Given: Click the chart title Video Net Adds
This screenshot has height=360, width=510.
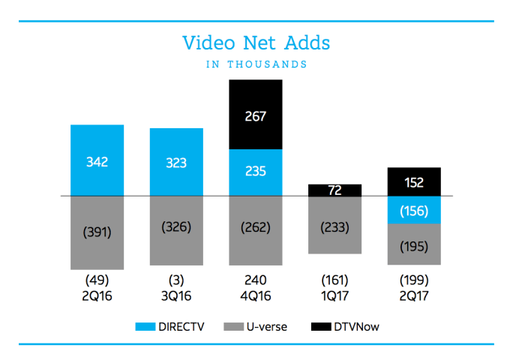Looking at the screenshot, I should click(256, 43).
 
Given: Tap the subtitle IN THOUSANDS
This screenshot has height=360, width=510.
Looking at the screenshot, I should click(256, 64).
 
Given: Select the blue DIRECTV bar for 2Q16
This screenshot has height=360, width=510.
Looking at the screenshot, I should click(97, 160).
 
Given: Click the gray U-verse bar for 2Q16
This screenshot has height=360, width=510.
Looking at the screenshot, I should click(97, 232).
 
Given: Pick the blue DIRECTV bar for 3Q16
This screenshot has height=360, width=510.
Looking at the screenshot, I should click(176, 162).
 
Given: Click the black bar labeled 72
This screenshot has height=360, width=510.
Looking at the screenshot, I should click(335, 190).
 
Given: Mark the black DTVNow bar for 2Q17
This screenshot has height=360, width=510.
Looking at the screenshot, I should click(414, 181).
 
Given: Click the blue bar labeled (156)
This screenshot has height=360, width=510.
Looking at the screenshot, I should click(414, 210).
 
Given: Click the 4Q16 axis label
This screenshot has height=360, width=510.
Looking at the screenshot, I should click(256, 295).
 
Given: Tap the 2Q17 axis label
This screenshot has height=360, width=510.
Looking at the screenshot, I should click(414, 295).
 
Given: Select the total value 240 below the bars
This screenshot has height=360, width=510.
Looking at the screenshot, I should click(256, 280).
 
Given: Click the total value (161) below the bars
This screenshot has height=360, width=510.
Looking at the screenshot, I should click(335, 280).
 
